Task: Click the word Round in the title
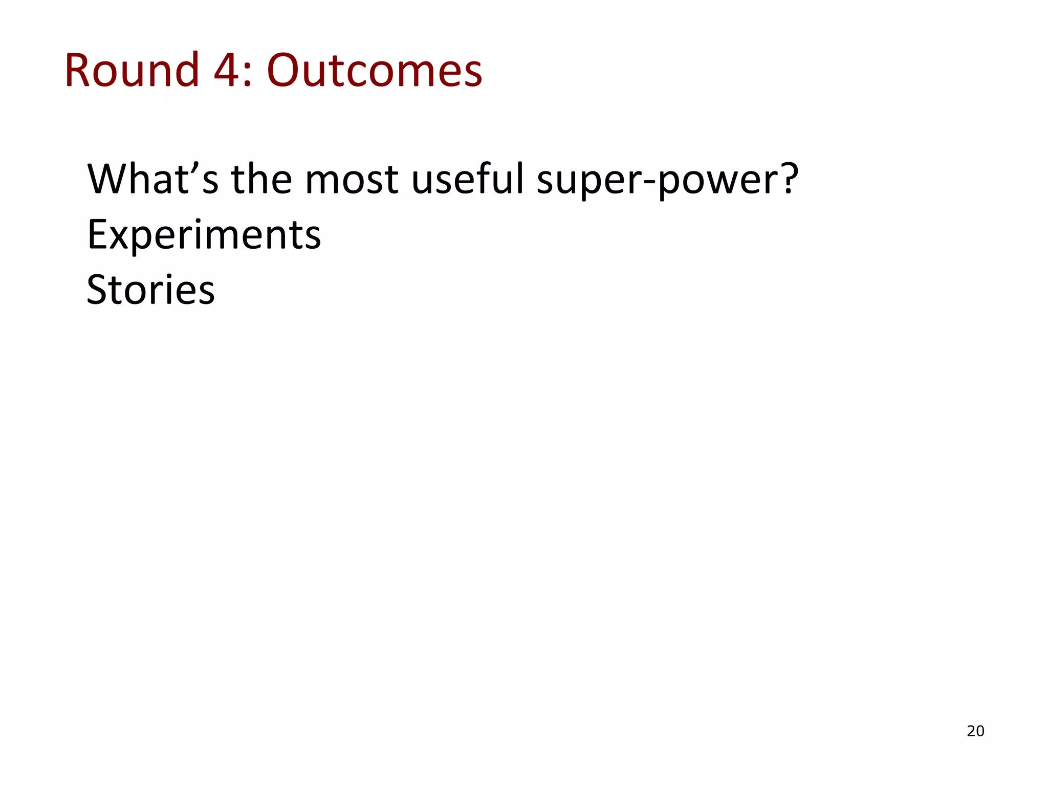[132, 70]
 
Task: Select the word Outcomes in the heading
[375, 70]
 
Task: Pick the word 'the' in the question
[261, 179]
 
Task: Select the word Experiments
[204, 235]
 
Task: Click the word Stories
[150, 290]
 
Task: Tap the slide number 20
[975, 731]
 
